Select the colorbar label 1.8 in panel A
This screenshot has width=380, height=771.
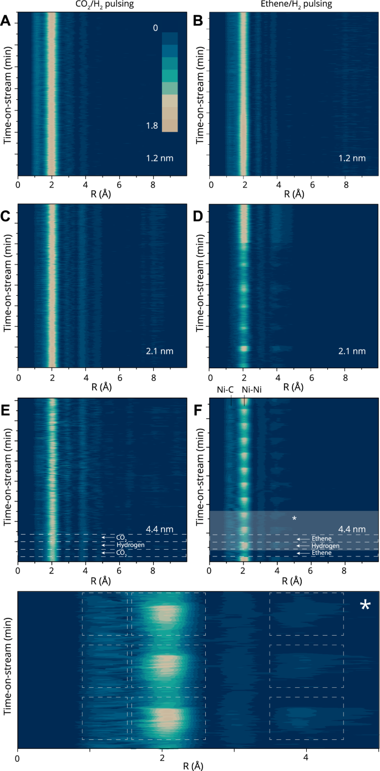tap(151, 126)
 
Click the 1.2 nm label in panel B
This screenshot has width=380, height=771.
tap(352, 158)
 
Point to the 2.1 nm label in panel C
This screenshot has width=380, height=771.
tap(160, 351)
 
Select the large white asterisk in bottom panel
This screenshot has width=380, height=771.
tap(365, 606)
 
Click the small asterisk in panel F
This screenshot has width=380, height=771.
tap(295, 519)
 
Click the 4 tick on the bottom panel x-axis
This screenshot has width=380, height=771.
tap(306, 757)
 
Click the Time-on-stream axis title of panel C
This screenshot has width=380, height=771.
tap(8, 285)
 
